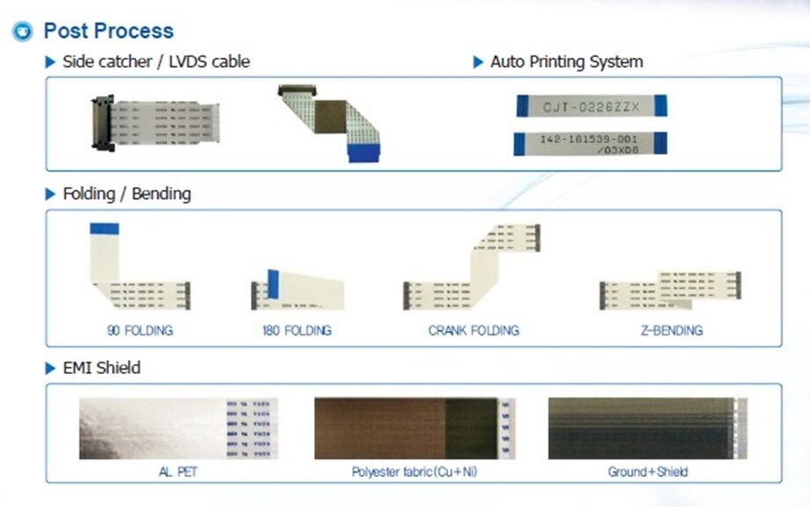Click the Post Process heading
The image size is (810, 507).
click(x=108, y=32)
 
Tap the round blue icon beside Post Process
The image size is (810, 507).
click(x=22, y=33)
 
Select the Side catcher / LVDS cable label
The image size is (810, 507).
click(x=156, y=62)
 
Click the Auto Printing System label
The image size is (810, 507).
click(x=566, y=62)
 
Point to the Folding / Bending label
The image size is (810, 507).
click(x=127, y=194)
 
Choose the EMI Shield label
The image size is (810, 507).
click(x=101, y=368)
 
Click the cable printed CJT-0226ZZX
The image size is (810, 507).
click(x=591, y=107)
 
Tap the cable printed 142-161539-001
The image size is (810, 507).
click(x=590, y=143)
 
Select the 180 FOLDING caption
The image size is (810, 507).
click(x=297, y=331)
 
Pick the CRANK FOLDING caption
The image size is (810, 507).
click(x=474, y=331)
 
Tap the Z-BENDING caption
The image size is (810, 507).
click(x=672, y=331)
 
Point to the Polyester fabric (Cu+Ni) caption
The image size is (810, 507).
click(x=416, y=472)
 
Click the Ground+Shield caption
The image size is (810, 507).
click(x=648, y=472)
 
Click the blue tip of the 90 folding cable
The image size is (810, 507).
click(x=104, y=229)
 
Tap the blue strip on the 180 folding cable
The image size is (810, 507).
click(x=273, y=283)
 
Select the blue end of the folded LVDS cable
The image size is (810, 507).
click(x=363, y=152)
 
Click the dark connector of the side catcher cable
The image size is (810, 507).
click(x=100, y=124)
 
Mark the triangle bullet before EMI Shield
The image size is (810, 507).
click(x=50, y=368)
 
